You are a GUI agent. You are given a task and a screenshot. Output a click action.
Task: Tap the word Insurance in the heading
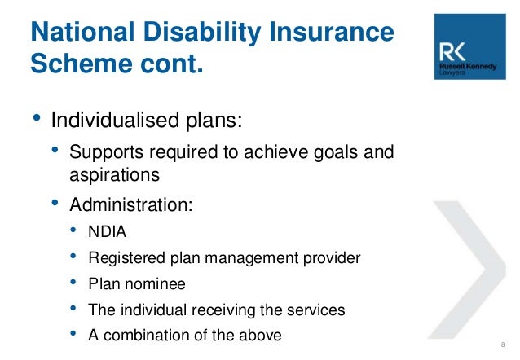click(x=331, y=32)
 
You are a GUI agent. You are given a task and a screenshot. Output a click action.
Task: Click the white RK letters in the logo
click(x=452, y=52)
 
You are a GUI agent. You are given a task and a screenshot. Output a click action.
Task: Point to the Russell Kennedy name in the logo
click(x=468, y=66)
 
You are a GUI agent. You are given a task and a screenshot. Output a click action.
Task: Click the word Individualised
click(x=115, y=120)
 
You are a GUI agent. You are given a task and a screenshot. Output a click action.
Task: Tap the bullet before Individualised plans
click(x=37, y=117)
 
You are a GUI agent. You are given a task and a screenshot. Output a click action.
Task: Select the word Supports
click(x=107, y=153)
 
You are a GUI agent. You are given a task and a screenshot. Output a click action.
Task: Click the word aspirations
click(x=114, y=175)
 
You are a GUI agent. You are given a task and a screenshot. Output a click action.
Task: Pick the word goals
click(x=336, y=153)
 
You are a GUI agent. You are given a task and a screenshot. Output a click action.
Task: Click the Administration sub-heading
click(x=131, y=204)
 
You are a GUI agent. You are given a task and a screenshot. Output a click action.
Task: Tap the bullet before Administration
click(x=55, y=203)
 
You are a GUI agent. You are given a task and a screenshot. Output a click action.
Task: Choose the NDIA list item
click(x=107, y=231)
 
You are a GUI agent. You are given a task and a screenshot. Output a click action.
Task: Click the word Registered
click(x=126, y=258)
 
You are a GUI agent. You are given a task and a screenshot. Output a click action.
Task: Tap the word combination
click(x=146, y=335)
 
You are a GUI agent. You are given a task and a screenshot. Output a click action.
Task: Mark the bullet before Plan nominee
click(x=73, y=282)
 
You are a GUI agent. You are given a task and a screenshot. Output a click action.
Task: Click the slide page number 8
click(x=503, y=345)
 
